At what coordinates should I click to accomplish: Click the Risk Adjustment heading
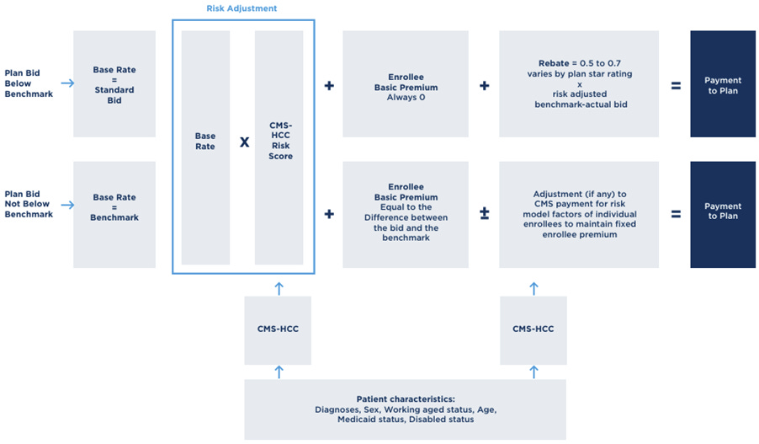click(x=241, y=8)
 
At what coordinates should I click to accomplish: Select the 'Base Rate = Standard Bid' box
click(x=114, y=84)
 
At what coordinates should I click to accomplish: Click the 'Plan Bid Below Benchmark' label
click(x=29, y=84)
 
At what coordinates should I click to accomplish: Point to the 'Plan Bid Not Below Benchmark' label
click(x=29, y=204)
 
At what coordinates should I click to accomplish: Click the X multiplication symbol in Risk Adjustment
click(x=244, y=142)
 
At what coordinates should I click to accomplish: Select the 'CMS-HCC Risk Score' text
click(x=280, y=142)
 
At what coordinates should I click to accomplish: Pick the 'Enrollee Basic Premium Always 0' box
click(x=406, y=84)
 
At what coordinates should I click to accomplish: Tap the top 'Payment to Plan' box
click(x=723, y=84)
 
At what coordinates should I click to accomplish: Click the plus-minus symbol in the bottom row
click(x=485, y=215)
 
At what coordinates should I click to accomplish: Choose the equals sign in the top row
click(x=676, y=86)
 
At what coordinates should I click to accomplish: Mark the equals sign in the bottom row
click(x=676, y=215)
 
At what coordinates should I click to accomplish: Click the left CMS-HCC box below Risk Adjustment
click(x=278, y=329)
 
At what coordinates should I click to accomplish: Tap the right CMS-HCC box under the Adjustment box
click(x=533, y=329)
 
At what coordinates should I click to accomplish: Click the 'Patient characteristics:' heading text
click(x=406, y=399)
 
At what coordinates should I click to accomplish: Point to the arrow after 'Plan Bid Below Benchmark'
click(x=65, y=84)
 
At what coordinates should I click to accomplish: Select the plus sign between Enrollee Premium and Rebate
click(x=485, y=86)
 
